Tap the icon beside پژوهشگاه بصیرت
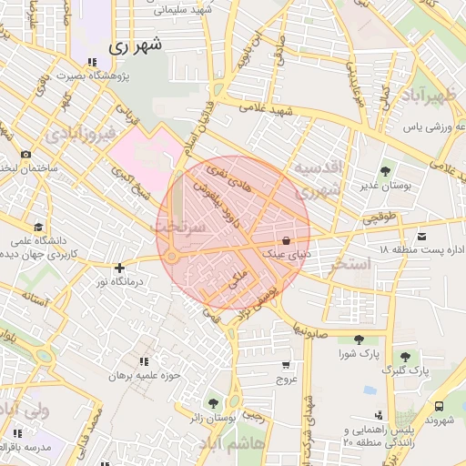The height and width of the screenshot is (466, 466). (x=92, y=62)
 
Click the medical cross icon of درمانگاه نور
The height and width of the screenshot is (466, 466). (x=119, y=268)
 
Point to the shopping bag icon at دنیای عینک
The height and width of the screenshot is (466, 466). (x=287, y=241)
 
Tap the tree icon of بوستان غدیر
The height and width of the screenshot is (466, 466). (x=386, y=170)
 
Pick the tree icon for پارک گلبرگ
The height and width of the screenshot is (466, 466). (x=405, y=356)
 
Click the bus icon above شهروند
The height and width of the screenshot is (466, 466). (x=440, y=406)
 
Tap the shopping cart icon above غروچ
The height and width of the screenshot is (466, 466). (x=287, y=364)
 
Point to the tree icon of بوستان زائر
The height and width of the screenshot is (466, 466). (x=213, y=402)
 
